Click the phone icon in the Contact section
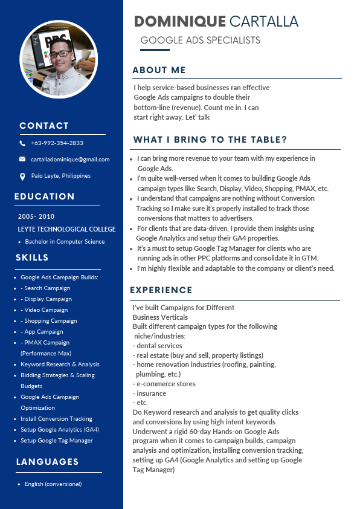pyautogui.click(x=22, y=143)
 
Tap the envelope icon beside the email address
pyautogui.click(x=22, y=160)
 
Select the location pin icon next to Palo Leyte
pyautogui.click(x=22, y=176)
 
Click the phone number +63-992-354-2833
pyautogui.click(x=57, y=143)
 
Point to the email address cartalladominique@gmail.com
pyautogui.click(x=71, y=160)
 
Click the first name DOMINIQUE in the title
pyautogui.click(x=180, y=22)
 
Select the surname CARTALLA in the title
pyautogui.click(x=264, y=22)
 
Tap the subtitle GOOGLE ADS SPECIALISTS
pyautogui.click(x=200, y=41)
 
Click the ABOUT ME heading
pyautogui.click(x=159, y=70)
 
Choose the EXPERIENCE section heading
pyautogui.click(x=161, y=291)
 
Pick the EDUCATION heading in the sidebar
pyautogui.click(x=45, y=196)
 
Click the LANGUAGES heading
pyautogui.click(x=47, y=462)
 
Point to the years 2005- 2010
pyautogui.click(x=36, y=216)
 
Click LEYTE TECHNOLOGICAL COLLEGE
pyautogui.click(x=66, y=230)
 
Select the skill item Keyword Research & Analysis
pyautogui.click(x=60, y=365)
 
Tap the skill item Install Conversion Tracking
pyautogui.click(x=56, y=419)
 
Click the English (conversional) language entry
pyautogui.click(x=53, y=484)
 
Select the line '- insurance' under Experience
pyautogui.click(x=149, y=394)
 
